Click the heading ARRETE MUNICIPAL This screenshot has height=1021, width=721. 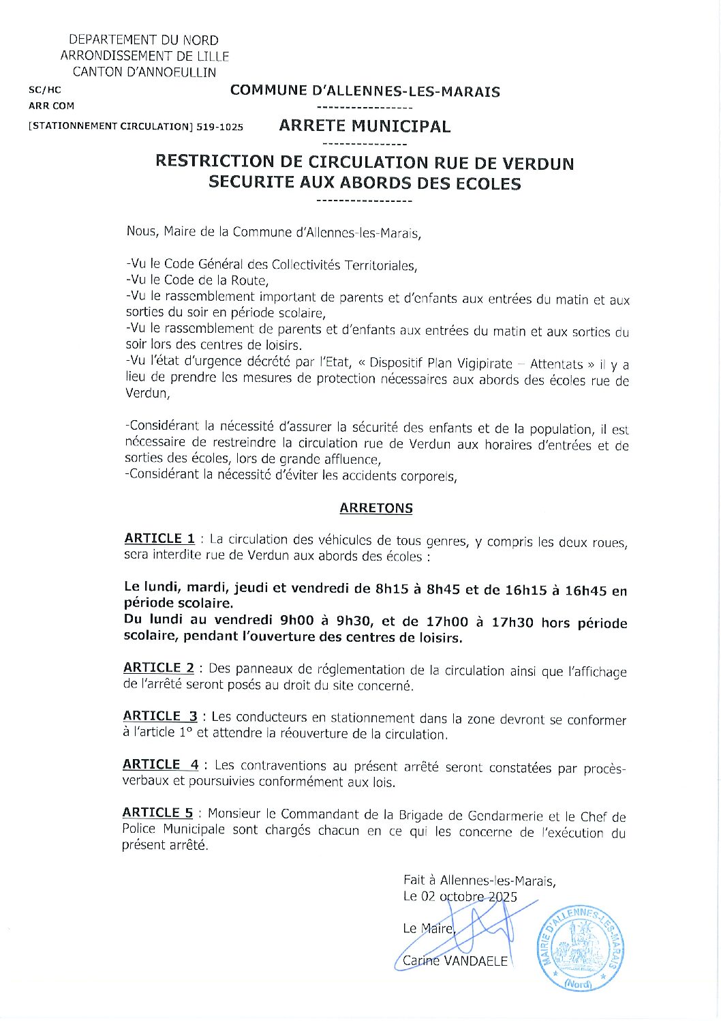365,126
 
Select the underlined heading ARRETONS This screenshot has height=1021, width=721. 376,508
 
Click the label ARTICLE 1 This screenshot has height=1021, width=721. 159,539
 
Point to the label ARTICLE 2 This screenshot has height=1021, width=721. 159,668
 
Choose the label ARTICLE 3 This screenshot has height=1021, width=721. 160,716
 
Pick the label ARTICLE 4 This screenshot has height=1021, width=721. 160,765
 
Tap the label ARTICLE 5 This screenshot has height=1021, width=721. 157,813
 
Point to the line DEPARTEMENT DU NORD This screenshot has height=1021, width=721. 144,40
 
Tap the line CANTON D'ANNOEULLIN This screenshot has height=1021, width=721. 144,72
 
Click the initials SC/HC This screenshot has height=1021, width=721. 45,90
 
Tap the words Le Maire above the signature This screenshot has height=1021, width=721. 428,928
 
